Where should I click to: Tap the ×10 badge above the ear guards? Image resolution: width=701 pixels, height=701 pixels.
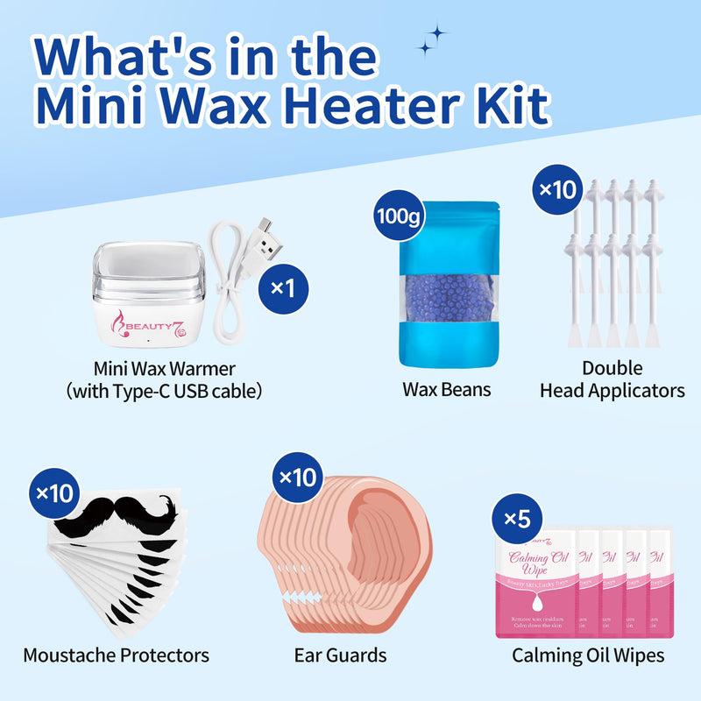296,478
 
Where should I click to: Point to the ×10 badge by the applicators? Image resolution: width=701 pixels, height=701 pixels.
557,189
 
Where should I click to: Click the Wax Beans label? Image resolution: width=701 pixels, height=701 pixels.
435,389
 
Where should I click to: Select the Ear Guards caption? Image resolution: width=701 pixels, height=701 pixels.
341,655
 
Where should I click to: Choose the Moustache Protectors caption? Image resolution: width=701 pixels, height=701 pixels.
116,655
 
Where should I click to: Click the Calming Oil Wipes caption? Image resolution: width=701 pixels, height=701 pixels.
587,655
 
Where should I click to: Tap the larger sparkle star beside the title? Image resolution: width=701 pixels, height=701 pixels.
435,34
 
